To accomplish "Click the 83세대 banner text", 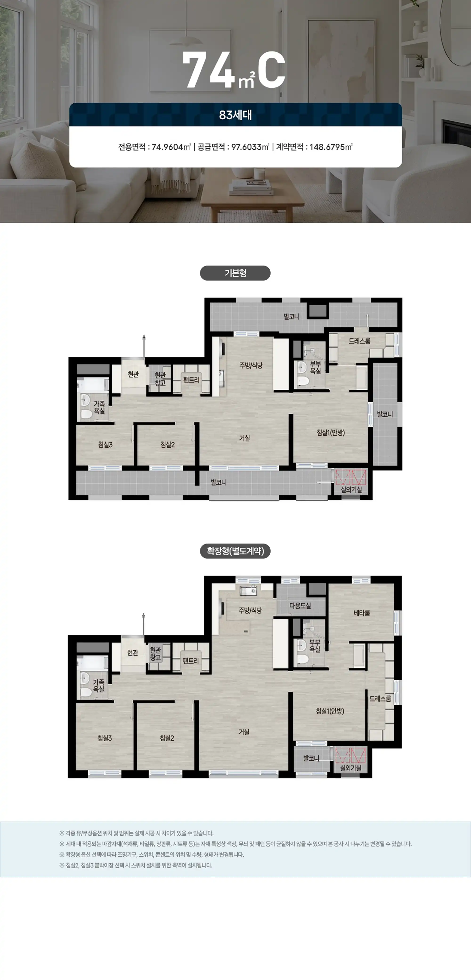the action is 235,115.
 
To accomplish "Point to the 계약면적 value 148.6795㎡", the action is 331,147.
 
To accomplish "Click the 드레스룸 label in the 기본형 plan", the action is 360,341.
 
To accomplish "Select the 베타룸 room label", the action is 362,613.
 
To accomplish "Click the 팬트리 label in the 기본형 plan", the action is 191,380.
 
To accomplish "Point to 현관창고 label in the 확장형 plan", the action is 155,653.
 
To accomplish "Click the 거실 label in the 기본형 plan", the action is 244,438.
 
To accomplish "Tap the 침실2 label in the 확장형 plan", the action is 167,738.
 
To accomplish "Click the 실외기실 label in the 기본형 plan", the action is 351,490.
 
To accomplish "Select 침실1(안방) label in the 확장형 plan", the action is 330,711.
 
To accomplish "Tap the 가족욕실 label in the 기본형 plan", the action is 99,407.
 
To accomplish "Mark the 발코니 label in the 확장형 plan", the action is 311,758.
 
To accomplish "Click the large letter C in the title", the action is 272,70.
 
